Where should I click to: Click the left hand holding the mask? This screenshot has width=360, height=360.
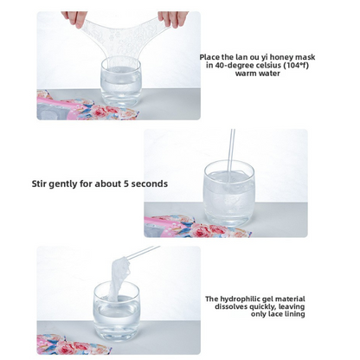[x=74, y=18]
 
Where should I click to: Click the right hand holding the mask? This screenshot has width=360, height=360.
[x=172, y=18]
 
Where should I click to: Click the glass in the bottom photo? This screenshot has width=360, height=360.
[x=117, y=312]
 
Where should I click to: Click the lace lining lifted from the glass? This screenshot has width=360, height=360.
[x=119, y=277]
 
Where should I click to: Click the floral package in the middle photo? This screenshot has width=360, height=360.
[x=196, y=227]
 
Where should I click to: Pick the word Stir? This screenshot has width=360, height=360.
[x=39, y=183]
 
